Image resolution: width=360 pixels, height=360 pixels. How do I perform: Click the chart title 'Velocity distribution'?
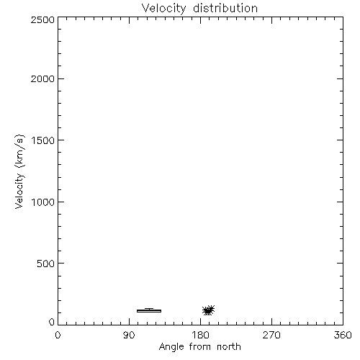[199, 9]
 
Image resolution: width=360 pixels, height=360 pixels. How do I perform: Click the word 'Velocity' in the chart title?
[163, 9]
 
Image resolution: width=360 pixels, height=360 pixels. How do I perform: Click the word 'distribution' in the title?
[225, 8]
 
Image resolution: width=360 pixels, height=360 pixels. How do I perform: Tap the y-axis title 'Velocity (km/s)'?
[19, 171]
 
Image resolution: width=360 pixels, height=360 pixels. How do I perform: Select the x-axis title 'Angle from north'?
[200, 347]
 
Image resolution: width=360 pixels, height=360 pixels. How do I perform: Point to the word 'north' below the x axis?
[229, 346]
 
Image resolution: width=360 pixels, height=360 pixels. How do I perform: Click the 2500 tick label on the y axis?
[42, 19]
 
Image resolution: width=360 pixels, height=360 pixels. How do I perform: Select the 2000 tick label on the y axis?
[42, 78]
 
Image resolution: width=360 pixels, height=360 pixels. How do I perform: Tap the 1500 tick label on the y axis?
[43, 140]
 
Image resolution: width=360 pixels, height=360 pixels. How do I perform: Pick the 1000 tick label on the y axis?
[43, 202]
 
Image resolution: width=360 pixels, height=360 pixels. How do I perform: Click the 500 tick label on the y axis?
[46, 264]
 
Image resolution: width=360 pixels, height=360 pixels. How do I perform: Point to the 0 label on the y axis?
[52, 322]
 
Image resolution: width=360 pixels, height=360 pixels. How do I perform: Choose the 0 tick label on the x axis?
[58, 335]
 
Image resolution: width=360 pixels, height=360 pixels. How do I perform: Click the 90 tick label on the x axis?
[129, 335]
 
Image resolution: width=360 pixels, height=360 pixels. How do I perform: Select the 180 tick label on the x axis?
[200, 335]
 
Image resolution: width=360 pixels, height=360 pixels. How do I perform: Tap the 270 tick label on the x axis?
[271, 335]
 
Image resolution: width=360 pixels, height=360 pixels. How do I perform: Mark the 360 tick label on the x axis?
[343, 335]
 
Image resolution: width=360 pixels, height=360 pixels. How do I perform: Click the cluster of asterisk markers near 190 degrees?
[208, 310]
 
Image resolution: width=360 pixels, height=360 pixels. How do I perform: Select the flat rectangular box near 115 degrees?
[149, 311]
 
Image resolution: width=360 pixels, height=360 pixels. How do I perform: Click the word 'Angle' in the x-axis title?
[171, 347]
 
